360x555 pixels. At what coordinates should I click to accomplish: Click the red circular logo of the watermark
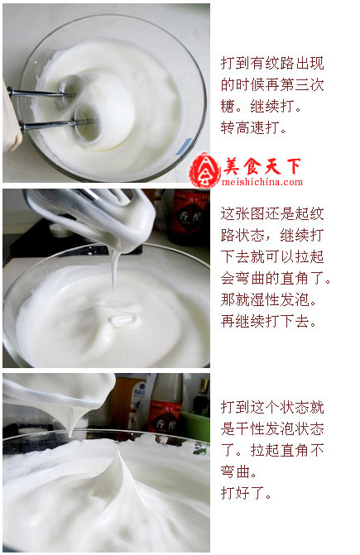(x=204, y=170)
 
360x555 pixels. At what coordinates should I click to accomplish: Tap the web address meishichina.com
(x=262, y=182)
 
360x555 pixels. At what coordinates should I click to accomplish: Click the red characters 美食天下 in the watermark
(x=262, y=166)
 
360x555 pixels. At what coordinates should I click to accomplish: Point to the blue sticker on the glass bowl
(x=185, y=146)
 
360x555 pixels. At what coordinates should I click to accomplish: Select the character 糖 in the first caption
(x=228, y=106)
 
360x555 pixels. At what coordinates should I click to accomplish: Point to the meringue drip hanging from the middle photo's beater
(x=113, y=268)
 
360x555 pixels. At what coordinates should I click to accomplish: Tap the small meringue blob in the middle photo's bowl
(x=122, y=321)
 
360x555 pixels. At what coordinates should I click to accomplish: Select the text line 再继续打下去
(x=268, y=321)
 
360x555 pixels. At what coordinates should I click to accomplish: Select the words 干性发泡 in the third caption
(x=265, y=429)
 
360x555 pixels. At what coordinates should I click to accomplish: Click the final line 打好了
(x=246, y=493)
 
